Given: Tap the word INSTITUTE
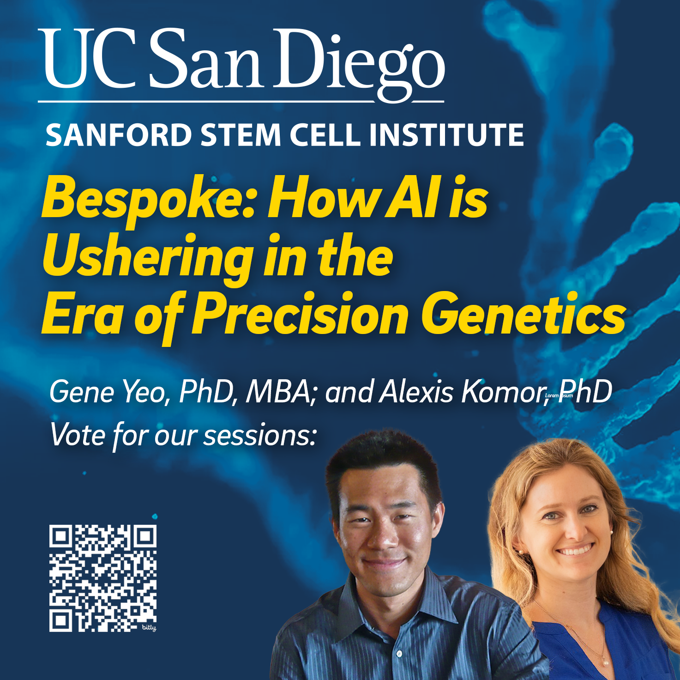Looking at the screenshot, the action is click(446, 134).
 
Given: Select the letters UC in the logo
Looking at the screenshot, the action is click(87, 59).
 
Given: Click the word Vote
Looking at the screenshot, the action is click(78, 435).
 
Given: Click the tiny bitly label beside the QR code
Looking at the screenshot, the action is click(149, 628).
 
